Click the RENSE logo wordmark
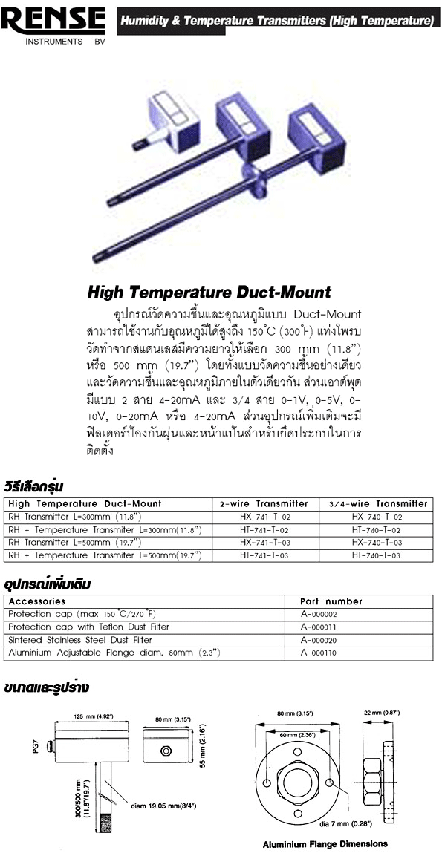[53, 21]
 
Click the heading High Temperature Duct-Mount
[209, 292]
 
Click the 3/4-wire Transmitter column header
[377, 503]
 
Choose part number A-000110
[319, 653]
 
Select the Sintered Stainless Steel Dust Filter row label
[80, 640]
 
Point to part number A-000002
[319, 615]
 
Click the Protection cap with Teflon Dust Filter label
[88, 627]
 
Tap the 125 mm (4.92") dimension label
[94, 716]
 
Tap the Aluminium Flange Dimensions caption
[325, 844]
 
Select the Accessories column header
[36, 601]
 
